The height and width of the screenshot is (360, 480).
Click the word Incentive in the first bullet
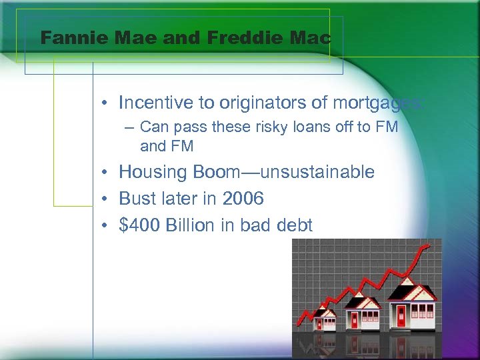(x=155, y=103)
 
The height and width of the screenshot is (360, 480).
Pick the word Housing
(x=153, y=172)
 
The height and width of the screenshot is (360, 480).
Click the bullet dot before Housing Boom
(x=107, y=173)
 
